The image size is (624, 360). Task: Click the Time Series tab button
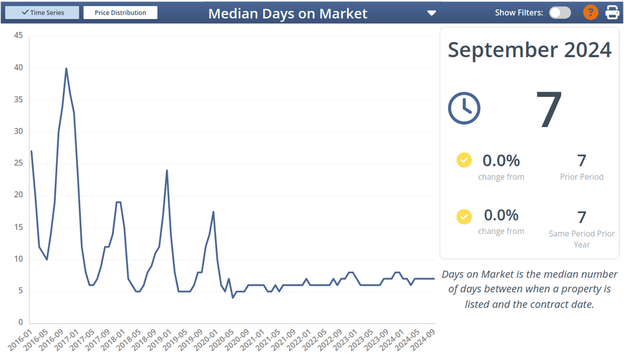pos(42,13)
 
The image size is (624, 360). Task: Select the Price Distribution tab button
pos(120,13)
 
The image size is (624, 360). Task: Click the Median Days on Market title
pos(288,13)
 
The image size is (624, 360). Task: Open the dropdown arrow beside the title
pos(432,13)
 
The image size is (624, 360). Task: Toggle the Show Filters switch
pos(560,13)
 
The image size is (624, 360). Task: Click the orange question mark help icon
pos(590,12)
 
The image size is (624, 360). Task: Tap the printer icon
pos(612,12)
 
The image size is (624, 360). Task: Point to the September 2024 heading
pos(529,50)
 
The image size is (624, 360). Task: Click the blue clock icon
pos(464,108)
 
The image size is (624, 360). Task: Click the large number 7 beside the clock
pos(549,109)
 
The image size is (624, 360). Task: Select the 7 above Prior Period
pos(582,161)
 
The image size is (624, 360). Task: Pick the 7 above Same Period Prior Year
pos(582,217)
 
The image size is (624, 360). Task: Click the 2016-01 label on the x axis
pos(20,341)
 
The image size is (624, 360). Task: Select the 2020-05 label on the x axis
pos(221,341)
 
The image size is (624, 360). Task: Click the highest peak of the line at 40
pos(66,68)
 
